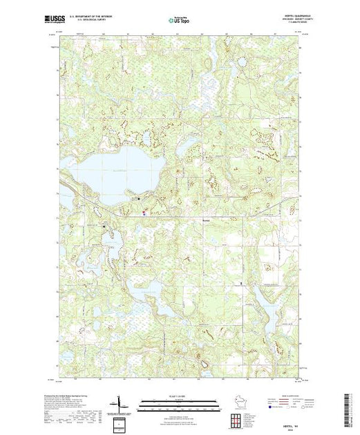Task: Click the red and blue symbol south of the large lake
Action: click(144, 213)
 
